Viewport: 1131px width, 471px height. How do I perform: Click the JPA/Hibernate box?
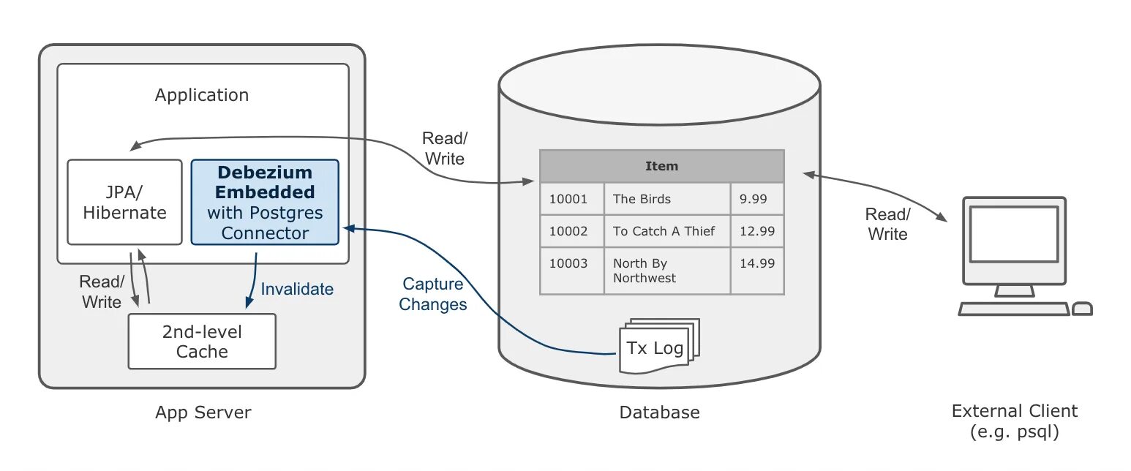click(124, 202)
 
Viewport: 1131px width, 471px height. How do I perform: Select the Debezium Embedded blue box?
click(265, 202)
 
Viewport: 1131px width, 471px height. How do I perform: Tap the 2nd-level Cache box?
click(202, 342)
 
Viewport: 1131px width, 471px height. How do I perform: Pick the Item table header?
click(661, 166)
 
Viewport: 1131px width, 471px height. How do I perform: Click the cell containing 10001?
click(569, 199)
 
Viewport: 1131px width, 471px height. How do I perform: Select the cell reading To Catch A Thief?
click(664, 231)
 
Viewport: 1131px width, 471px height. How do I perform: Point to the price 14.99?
click(756, 263)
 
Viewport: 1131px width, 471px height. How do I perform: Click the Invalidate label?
click(297, 289)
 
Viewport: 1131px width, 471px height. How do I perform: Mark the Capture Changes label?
click(433, 294)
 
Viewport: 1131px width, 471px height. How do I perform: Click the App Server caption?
click(203, 412)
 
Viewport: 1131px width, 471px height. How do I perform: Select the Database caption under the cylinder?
click(659, 412)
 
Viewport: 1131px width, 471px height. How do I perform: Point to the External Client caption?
click(1014, 421)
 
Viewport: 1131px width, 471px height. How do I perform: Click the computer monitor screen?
click(1014, 233)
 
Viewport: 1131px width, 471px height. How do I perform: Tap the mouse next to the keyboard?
click(1082, 309)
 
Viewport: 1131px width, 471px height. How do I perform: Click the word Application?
click(202, 95)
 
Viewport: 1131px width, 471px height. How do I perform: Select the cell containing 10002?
click(569, 231)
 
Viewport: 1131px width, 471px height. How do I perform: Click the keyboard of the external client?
click(1014, 309)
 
